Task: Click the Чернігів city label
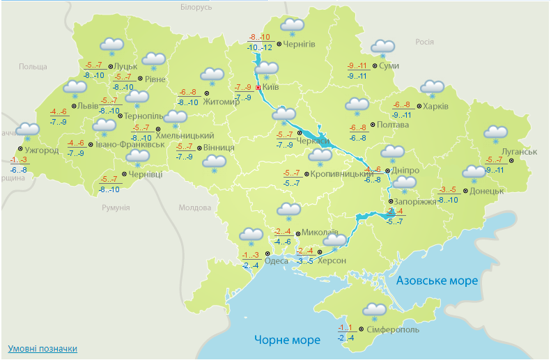point(300,44)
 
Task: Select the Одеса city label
point(277,261)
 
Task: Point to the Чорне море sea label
point(287,341)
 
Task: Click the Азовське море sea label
point(437,281)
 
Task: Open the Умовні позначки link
point(42,348)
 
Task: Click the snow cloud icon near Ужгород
point(28,131)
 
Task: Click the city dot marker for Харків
point(419,107)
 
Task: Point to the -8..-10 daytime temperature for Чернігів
point(261,38)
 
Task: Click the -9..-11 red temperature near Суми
point(357,66)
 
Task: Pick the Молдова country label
point(194,208)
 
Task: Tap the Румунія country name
point(116,208)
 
